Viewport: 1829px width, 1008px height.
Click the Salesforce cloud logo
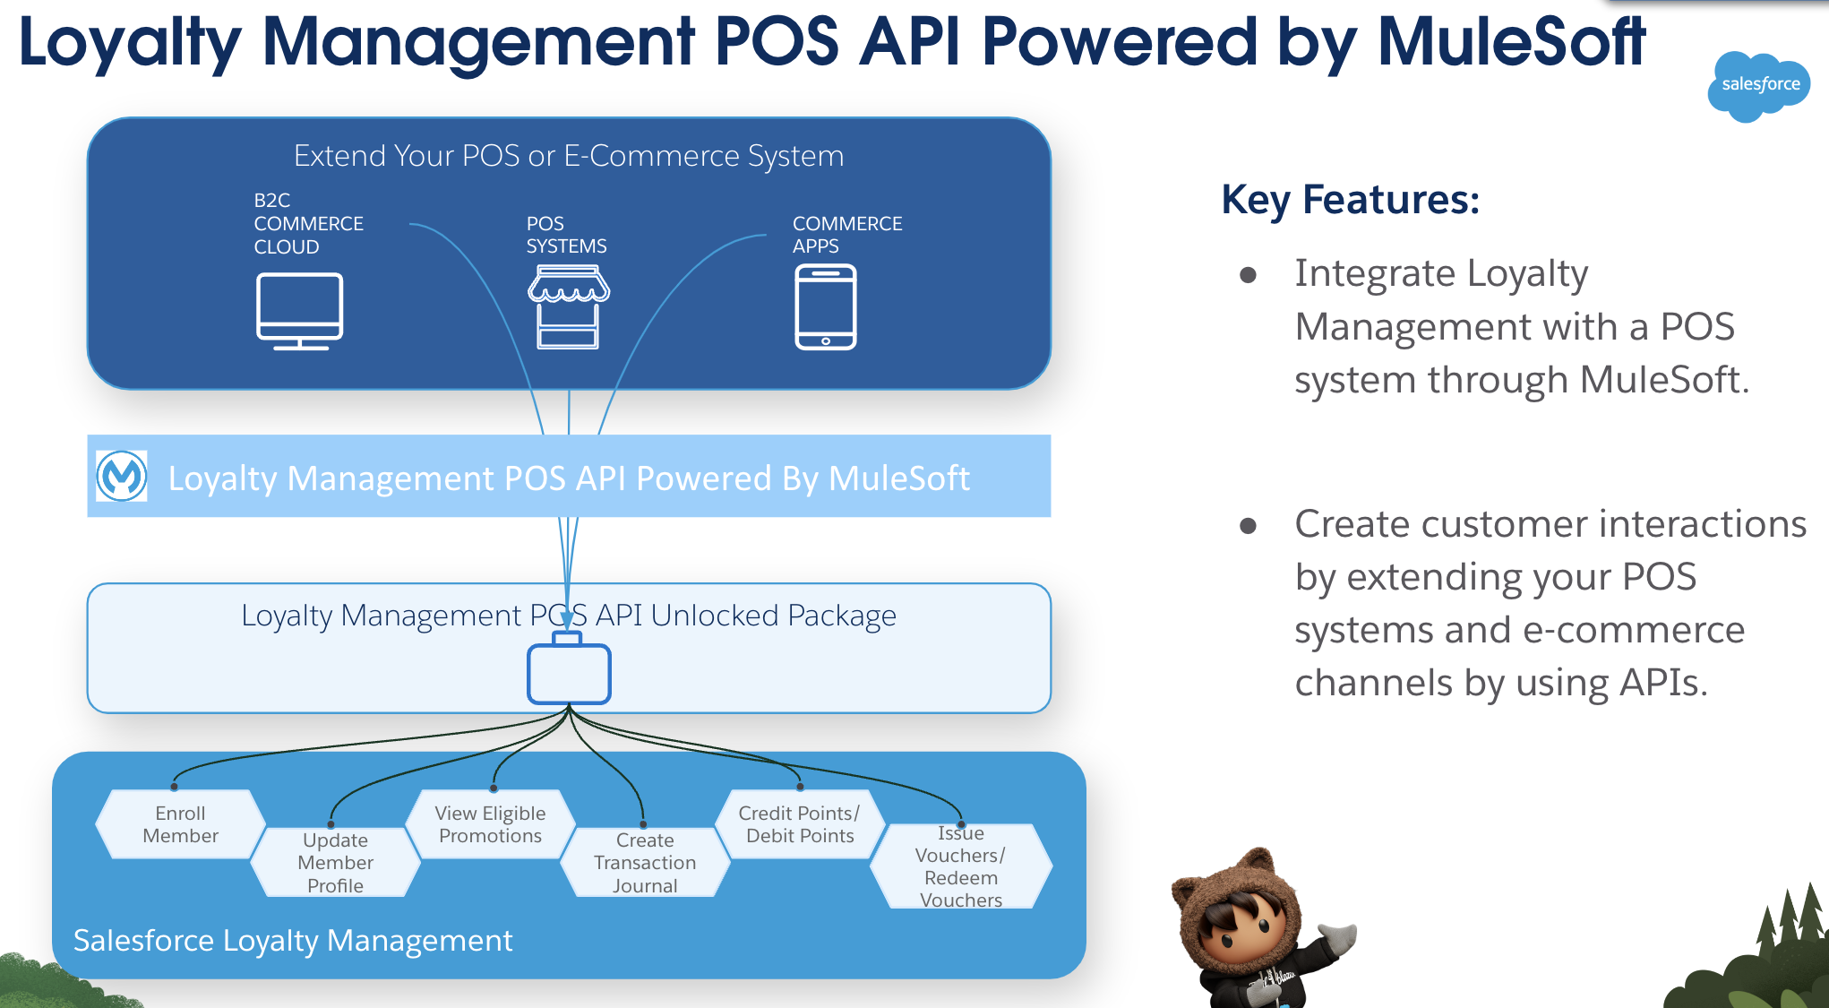click(1757, 85)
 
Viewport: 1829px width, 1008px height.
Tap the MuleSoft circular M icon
click(122, 476)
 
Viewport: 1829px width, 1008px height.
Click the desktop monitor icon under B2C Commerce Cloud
click(299, 310)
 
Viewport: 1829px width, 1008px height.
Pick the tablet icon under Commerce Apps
click(825, 307)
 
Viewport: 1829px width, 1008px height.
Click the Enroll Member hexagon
click(180, 824)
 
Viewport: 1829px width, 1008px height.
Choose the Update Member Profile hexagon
click(335, 862)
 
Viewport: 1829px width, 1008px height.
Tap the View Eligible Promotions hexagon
click(490, 824)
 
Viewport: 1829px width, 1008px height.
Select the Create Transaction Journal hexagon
click(644, 862)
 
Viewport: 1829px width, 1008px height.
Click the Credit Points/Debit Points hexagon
click(799, 824)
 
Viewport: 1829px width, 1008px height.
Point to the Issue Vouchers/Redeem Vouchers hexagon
click(960, 866)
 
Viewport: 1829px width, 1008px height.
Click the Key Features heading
click(1350, 199)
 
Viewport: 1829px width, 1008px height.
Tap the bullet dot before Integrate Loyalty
click(1248, 275)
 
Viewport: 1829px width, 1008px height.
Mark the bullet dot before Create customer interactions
click(1248, 526)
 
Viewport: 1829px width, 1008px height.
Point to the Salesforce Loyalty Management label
click(292, 940)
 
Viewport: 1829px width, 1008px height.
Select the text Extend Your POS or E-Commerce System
click(569, 156)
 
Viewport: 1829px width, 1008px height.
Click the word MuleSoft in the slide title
click(1510, 42)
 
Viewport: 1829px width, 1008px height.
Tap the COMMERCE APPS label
click(846, 234)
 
